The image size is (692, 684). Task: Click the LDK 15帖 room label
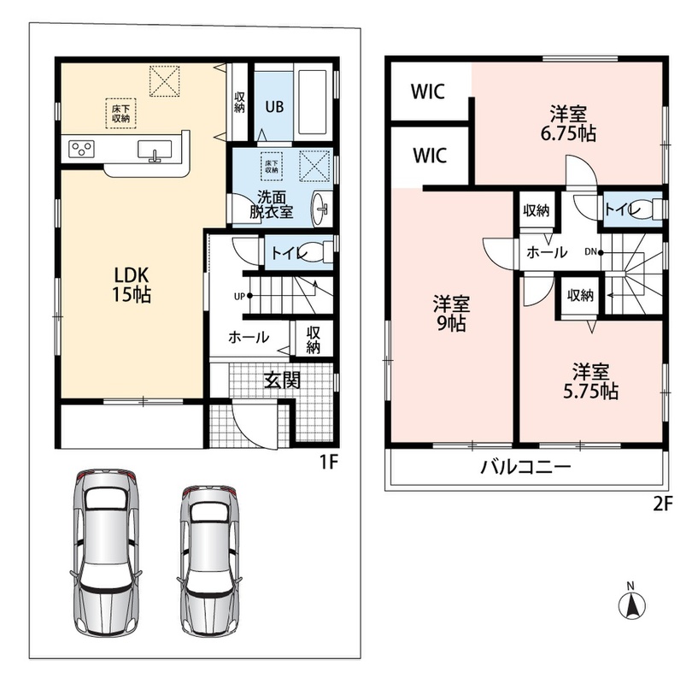[x=132, y=285]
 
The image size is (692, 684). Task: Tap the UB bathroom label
[x=274, y=106]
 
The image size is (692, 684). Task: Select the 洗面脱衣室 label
[x=271, y=204]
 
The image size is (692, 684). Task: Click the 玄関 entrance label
[x=283, y=380]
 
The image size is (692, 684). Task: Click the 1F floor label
[x=328, y=462]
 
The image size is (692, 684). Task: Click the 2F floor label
[x=662, y=504]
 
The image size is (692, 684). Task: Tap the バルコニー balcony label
[x=525, y=467]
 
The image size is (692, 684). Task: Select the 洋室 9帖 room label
[x=451, y=314]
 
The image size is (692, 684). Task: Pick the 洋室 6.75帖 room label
[x=568, y=123]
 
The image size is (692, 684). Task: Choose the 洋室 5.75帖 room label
[x=590, y=381]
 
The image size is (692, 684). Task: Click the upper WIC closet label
[x=428, y=91]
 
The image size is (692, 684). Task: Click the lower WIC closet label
[x=430, y=156]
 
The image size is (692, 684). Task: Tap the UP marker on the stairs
[x=239, y=297]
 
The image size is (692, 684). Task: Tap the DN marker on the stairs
[x=590, y=251]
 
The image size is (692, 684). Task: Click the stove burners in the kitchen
[x=82, y=149]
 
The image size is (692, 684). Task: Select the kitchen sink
[x=155, y=150]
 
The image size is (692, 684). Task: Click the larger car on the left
[x=106, y=553]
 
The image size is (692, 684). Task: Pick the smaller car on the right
[x=210, y=561]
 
